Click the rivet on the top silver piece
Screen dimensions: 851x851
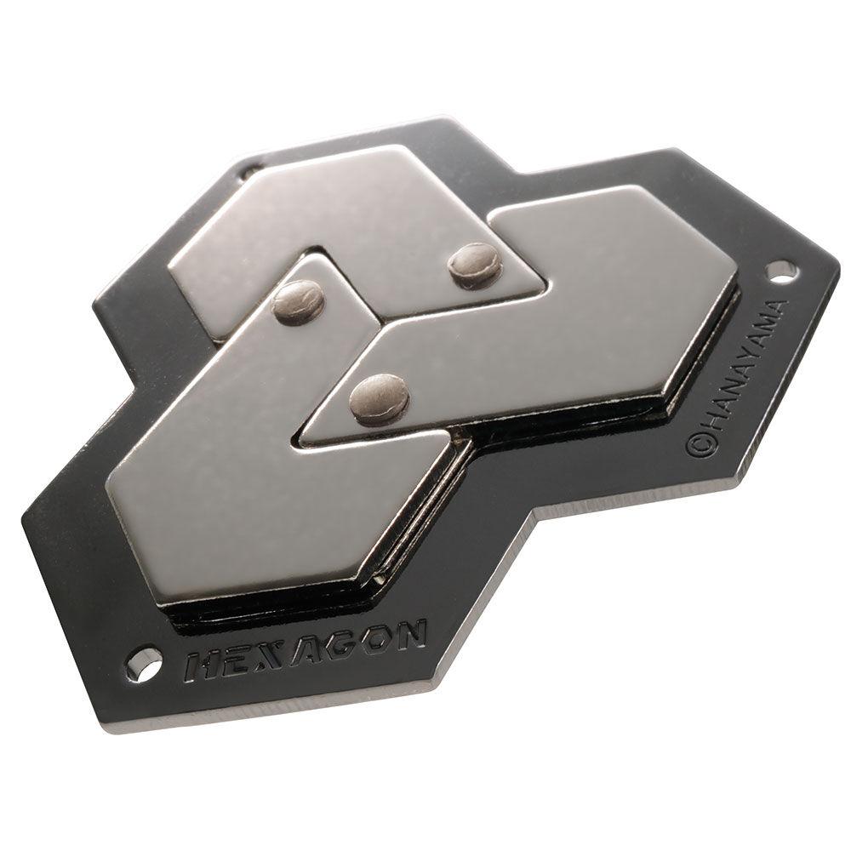point(475,265)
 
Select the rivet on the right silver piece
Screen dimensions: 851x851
point(379,397)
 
